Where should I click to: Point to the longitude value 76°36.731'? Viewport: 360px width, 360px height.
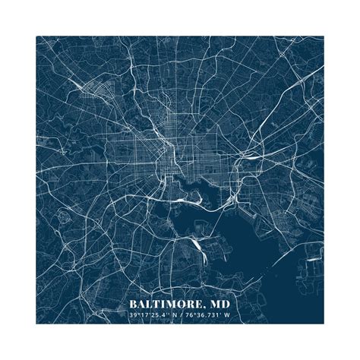coord(211,314)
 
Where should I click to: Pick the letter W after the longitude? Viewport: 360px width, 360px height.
coord(236,314)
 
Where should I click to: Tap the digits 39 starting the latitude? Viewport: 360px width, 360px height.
coord(132,314)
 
